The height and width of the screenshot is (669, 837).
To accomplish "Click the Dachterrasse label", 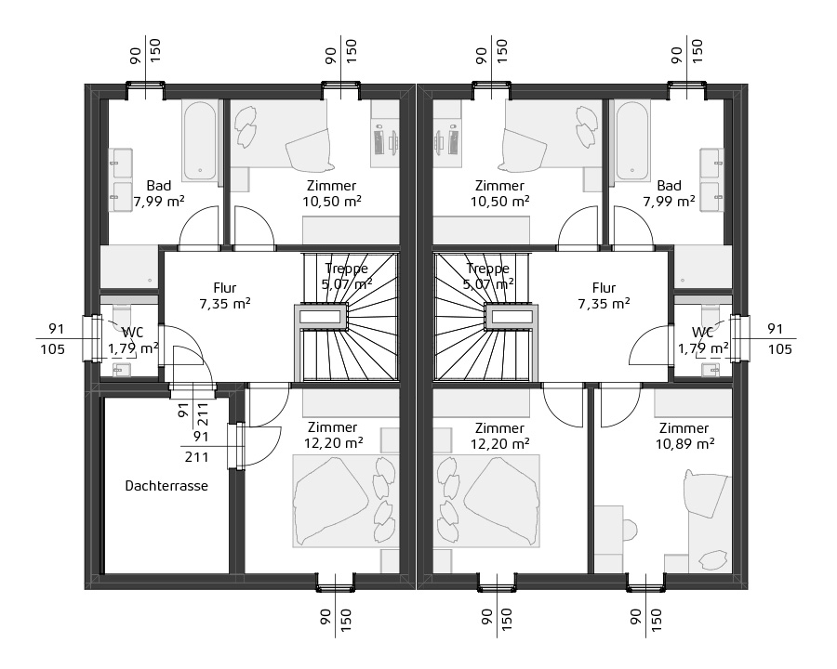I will click(x=166, y=485).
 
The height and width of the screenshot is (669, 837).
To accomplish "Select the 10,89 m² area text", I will click(x=684, y=444).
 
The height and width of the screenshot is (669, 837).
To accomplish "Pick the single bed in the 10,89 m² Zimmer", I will click(x=708, y=516).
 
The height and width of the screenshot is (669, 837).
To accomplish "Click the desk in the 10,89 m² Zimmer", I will click(x=608, y=539).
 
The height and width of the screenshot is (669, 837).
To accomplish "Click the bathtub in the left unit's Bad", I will click(x=201, y=139).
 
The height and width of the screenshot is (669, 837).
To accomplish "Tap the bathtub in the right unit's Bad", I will click(x=632, y=139).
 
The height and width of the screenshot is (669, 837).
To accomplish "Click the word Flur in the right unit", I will click(x=604, y=287).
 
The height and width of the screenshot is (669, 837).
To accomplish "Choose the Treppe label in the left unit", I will click(x=346, y=269).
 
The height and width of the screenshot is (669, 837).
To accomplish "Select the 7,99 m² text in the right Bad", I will click(x=669, y=200).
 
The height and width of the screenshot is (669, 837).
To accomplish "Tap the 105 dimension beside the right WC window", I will click(x=780, y=349).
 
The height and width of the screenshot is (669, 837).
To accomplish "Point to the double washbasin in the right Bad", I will click(x=712, y=177).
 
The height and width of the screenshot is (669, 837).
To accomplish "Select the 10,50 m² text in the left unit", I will click(x=332, y=200).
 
